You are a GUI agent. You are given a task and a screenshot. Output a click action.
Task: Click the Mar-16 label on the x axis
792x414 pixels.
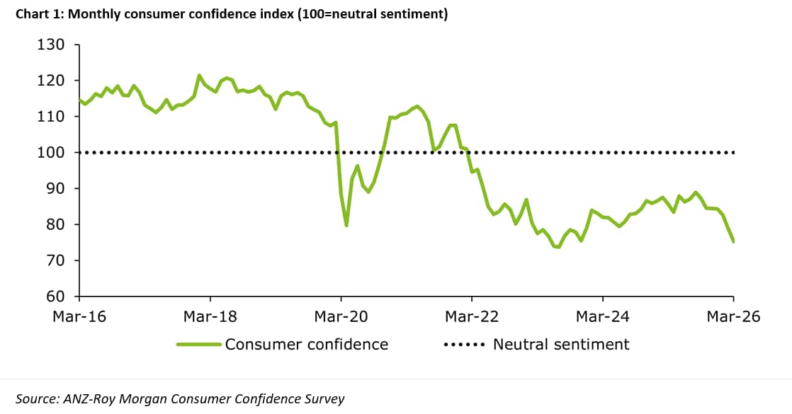(79, 316)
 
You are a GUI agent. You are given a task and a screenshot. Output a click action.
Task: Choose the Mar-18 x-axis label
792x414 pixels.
(210, 316)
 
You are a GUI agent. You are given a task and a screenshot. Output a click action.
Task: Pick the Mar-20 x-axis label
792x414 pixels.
(341, 316)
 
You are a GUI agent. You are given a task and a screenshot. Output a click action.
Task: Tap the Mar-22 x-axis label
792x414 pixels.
(472, 316)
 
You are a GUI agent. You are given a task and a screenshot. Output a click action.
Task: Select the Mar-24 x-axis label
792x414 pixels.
(603, 316)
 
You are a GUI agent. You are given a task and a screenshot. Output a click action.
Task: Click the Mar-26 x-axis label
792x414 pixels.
(733, 316)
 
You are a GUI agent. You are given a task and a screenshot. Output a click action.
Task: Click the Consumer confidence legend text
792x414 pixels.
(307, 345)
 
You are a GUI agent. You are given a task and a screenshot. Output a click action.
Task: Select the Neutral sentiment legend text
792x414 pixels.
(561, 345)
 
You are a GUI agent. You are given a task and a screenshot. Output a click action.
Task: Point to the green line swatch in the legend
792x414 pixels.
(199, 345)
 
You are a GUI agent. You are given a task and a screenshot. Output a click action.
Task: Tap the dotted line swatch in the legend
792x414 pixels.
(464, 345)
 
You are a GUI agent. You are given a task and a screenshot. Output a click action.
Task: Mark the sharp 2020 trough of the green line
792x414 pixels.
(346, 226)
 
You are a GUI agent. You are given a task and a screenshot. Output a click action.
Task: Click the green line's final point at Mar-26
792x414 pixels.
(733, 242)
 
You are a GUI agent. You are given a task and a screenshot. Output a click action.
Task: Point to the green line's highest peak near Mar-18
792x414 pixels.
(199, 75)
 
